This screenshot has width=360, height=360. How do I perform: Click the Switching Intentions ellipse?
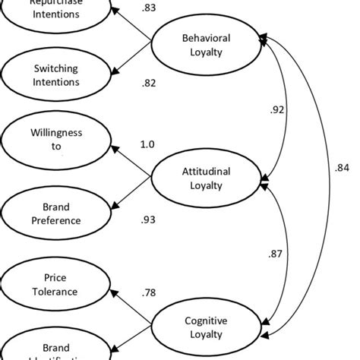click(56, 74)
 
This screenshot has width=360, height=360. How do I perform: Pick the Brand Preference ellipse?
click(56, 213)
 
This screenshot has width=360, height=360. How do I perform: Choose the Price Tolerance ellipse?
click(56, 282)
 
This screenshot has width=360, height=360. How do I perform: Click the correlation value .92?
click(277, 110)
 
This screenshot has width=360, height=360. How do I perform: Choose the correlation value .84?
click(342, 168)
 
